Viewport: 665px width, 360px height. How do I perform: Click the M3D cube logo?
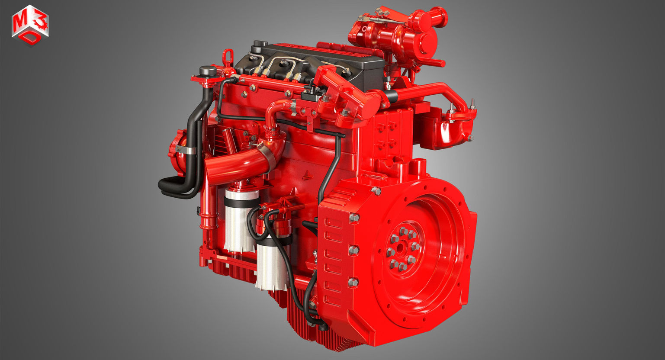click(30, 25)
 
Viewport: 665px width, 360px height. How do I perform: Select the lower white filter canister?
click(272, 264)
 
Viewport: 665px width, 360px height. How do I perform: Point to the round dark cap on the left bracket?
click(208, 71)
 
